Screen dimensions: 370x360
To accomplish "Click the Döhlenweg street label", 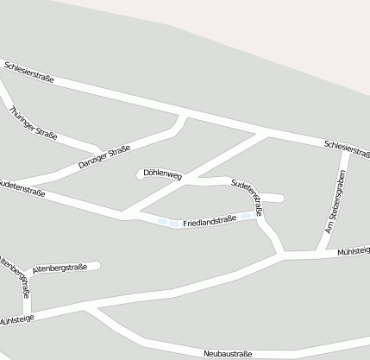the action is click(x=163, y=175).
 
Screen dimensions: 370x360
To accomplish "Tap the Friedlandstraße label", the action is click(x=209, y=221).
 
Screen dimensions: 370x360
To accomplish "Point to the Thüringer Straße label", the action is click(x=33, y=123).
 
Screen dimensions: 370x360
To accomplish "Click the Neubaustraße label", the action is click(x=228, y=354).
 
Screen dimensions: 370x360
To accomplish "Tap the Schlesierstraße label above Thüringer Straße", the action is click(x=28, y=73).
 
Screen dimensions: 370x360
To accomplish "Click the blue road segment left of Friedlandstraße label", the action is click(x=168, y=224).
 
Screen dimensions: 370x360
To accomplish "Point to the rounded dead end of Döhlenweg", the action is click(x=141, y=175).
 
